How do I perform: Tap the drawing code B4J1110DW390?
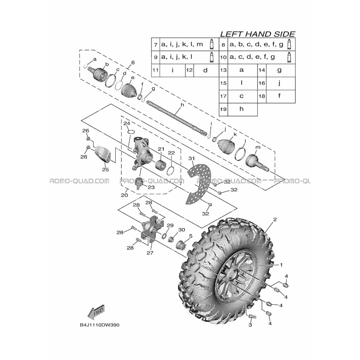99,325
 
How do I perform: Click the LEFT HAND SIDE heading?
257,34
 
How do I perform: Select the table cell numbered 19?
223,109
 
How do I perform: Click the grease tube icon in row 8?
289,44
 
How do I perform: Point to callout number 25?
105,170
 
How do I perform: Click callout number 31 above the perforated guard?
192,158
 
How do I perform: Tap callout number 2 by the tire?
275,220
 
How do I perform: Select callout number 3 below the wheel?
250,325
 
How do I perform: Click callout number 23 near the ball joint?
151,187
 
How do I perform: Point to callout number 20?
124,195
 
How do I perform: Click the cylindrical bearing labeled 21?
160,165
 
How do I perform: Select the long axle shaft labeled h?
178,118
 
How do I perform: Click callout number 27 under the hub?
150,253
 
